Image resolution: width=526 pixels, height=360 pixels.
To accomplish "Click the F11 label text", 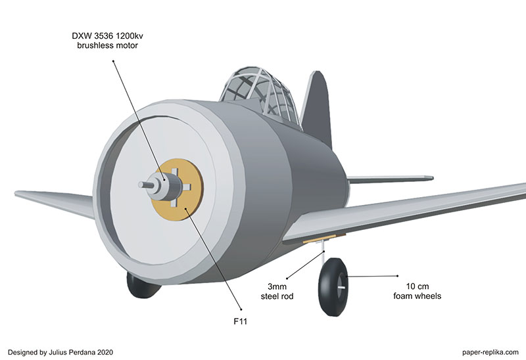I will [x=243, y=323].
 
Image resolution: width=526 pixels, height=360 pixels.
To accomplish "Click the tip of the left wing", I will [x=20, y=193].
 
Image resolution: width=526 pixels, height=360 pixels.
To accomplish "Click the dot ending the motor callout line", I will [x=113, y=60].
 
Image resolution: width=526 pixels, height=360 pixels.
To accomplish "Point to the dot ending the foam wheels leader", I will [x=397, y=276].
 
